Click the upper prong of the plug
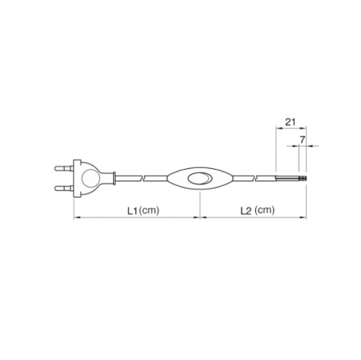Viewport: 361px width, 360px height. [x=64, y=167]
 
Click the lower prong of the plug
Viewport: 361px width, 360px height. [x=64, y=188]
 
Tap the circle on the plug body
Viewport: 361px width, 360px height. [x=89, y=178]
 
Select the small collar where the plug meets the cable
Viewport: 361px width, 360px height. [x=114, y=178]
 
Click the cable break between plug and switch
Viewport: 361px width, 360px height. [x=143, y=178]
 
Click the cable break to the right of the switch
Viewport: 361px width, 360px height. [x=255, y=178]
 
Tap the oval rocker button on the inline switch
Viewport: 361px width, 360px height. [x=199, y=178]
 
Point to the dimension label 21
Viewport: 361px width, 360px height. [x=290, y=121]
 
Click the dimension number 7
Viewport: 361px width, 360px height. [x=302, y=140]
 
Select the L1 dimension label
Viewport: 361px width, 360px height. [x=133, y=211]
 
